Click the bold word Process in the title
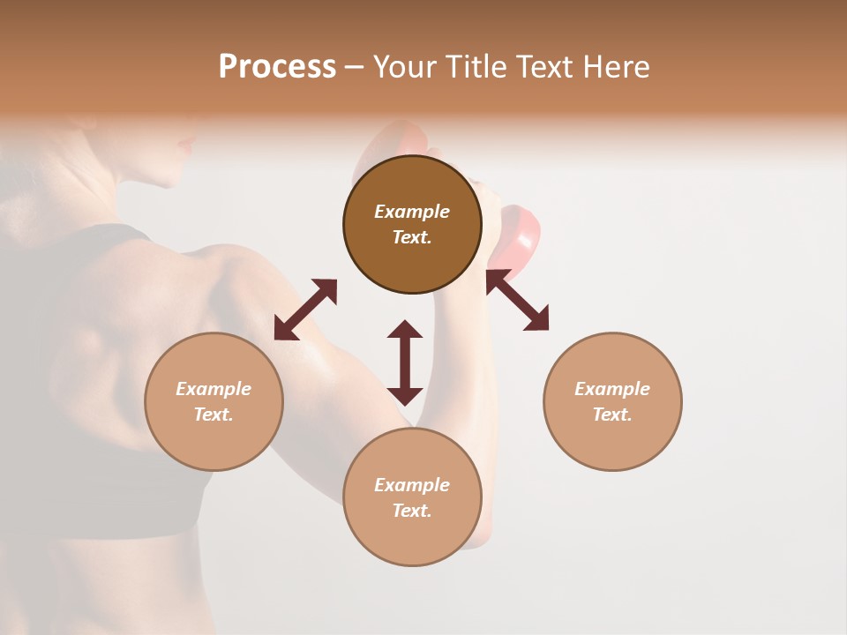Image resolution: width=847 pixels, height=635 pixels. (x=277, y=67)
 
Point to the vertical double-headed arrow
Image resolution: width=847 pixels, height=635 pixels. (x=405, y=362)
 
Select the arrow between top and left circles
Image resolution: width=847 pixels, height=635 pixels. (x=305, y=310)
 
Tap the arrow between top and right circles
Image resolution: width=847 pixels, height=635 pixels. (x=518, y=301)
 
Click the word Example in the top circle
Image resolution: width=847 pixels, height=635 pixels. (x=412, y=212)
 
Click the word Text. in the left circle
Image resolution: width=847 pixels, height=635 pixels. (x=214, y=415)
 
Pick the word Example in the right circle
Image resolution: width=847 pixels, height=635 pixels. (x=612, y=389)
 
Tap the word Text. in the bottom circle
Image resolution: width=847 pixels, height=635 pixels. (x=412, y=511)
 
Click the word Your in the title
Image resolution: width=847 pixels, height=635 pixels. (x=403, y=67)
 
